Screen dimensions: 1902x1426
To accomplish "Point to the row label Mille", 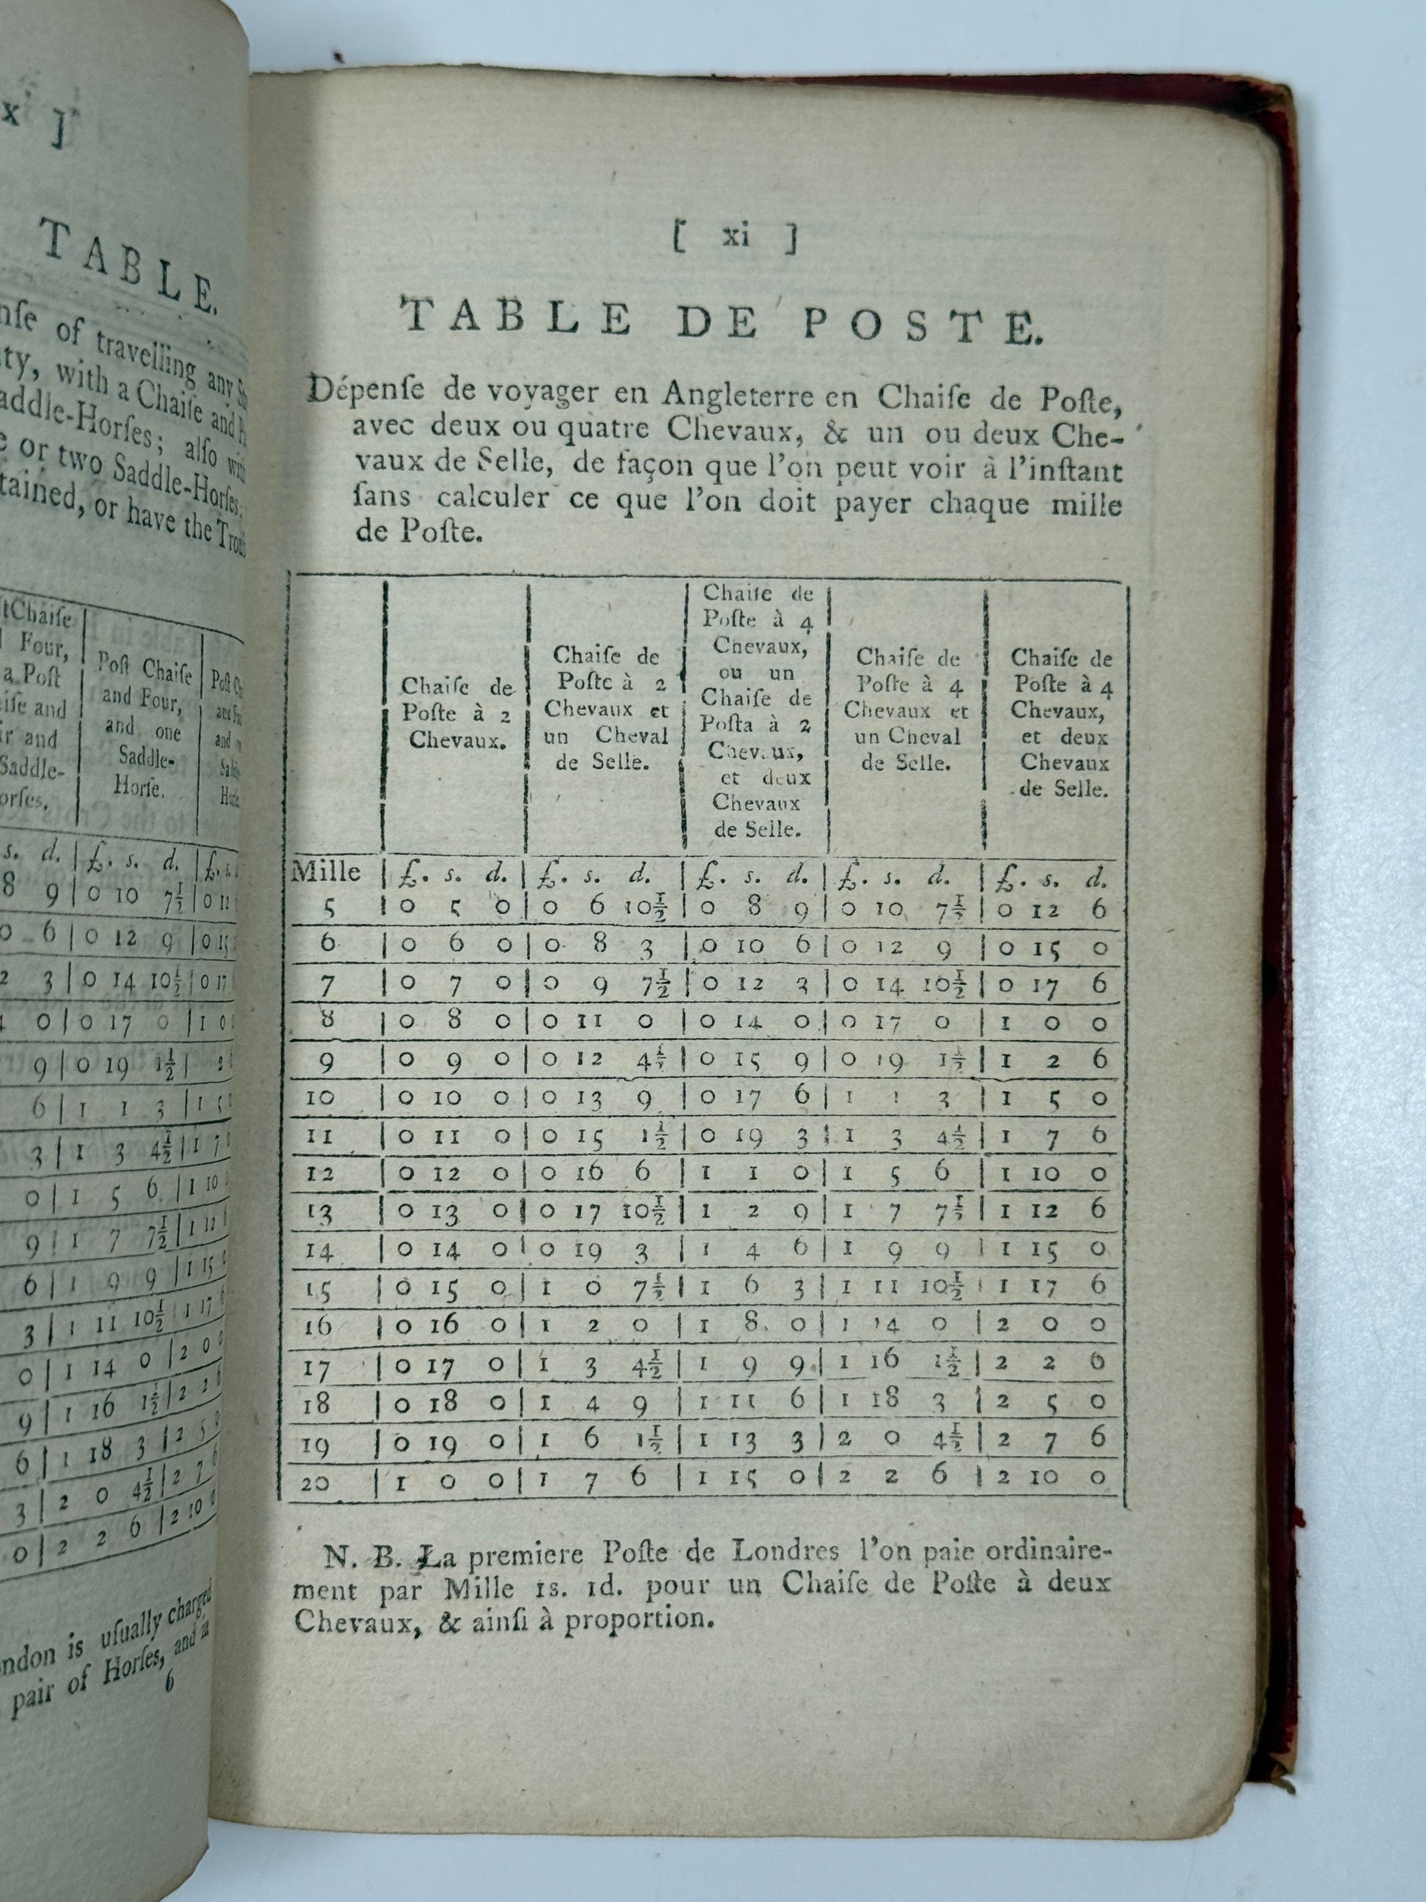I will coord(326,874).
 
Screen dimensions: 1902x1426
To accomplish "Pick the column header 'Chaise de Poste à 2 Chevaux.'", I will coord(456,713).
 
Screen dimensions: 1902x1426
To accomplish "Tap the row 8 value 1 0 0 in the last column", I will coord(1052,1023).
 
